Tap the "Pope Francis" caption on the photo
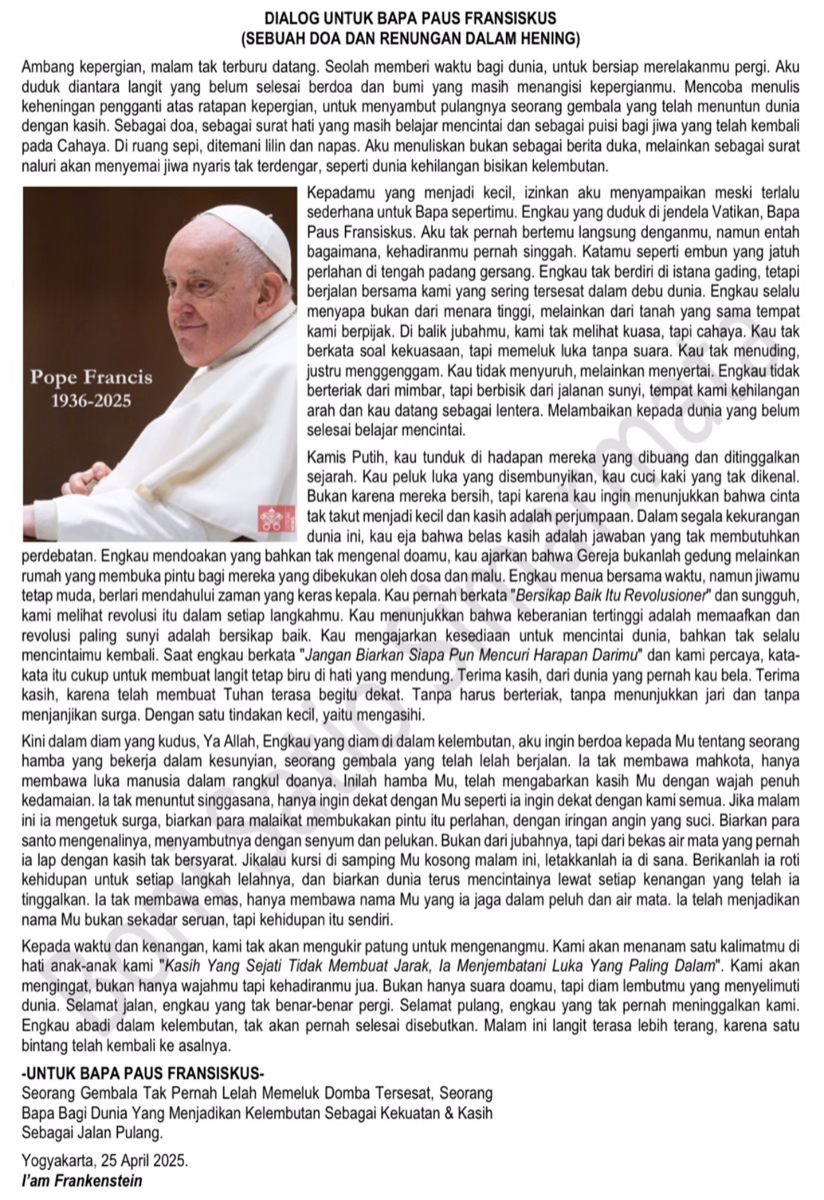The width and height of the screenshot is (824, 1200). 91,377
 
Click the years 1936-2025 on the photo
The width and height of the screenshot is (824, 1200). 91,401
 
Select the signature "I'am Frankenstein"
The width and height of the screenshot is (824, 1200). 82,1180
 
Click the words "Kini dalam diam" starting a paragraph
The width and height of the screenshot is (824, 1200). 67,742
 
